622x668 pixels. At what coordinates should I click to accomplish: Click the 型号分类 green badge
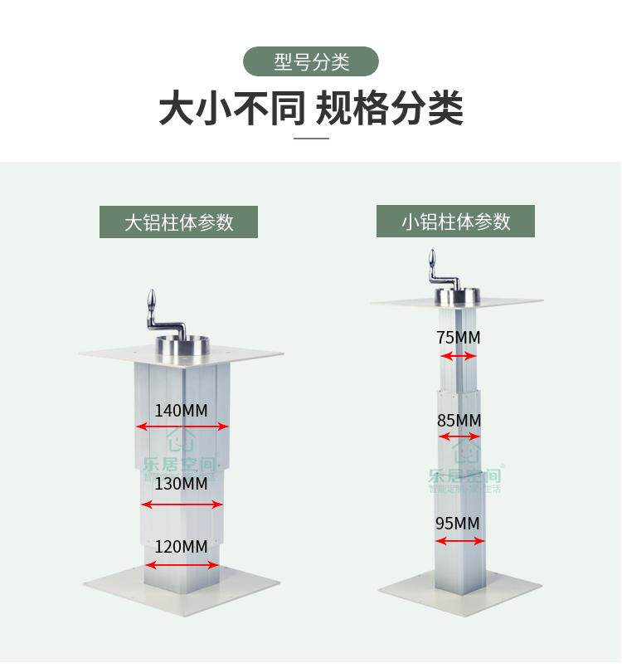tap(311, 61)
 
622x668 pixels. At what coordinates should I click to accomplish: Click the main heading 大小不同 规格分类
tap(311, 109)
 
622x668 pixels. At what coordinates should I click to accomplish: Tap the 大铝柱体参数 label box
tap(178, 222)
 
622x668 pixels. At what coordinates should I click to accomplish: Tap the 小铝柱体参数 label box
tap(455, 222)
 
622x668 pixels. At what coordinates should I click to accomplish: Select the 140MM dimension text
tap(181, 410)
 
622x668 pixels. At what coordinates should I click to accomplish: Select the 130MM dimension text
tap(181, 484)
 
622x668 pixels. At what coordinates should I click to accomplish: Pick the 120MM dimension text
tap(181, 547)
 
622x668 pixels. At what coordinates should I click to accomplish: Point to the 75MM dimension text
tap(458, 338)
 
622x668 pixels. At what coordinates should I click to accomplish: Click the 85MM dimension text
tap(459, 420)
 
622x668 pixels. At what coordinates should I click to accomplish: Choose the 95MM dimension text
tap(458, 524)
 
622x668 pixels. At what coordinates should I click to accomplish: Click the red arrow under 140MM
tap(182, 427)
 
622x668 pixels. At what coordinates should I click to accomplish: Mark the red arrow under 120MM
tap(182, 565)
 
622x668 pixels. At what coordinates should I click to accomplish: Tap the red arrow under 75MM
tap(459, 356)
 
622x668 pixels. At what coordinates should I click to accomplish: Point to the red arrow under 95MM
tap(460, 541)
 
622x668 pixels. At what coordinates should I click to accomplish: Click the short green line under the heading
tap(311, 139)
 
